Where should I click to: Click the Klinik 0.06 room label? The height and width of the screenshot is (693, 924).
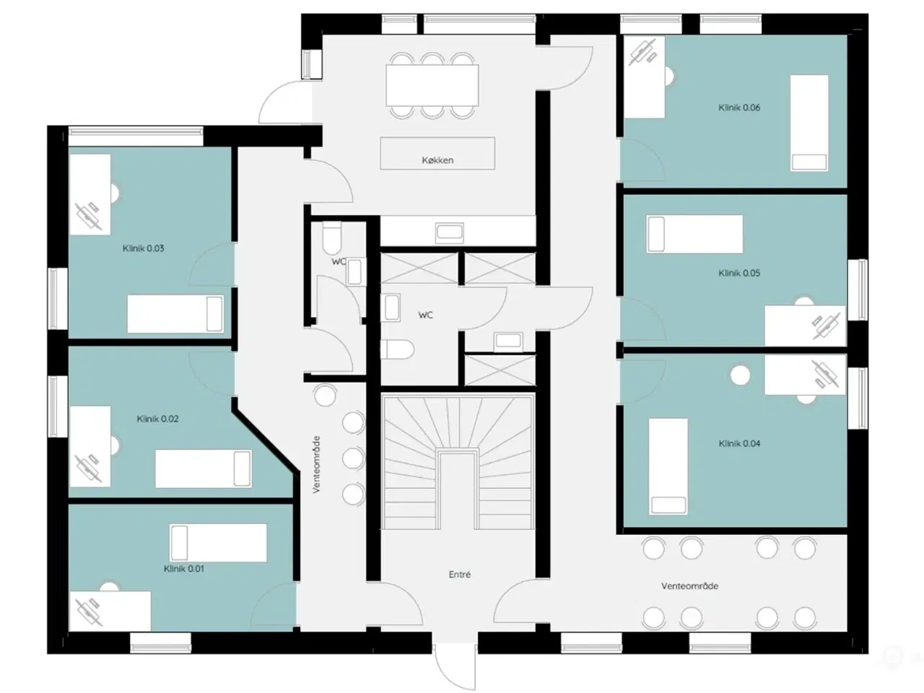738,108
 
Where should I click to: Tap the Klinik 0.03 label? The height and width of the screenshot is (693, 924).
143,248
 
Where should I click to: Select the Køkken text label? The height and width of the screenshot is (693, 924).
437,160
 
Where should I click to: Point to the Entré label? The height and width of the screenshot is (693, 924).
459,575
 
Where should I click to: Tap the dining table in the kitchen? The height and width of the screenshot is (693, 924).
432,85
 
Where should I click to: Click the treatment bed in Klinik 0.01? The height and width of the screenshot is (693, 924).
218,543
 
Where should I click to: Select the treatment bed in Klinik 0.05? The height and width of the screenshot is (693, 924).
694,234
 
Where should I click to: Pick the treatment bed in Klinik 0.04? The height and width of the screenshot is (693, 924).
668,466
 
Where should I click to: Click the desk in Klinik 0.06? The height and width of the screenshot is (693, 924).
644,77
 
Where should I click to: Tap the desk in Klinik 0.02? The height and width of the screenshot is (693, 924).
90,446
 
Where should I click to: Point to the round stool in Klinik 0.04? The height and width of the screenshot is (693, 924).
740,375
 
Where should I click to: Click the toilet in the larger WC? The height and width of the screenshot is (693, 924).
396,349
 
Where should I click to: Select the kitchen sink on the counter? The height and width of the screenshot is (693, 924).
450,232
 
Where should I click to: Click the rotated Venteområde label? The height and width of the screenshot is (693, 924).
317,464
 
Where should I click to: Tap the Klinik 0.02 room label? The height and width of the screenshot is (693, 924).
157,419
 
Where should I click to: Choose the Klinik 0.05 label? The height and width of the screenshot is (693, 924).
738,273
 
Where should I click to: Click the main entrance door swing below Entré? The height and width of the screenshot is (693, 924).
455,667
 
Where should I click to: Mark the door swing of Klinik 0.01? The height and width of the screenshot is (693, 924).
274,606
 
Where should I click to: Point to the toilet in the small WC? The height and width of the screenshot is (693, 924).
332,238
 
